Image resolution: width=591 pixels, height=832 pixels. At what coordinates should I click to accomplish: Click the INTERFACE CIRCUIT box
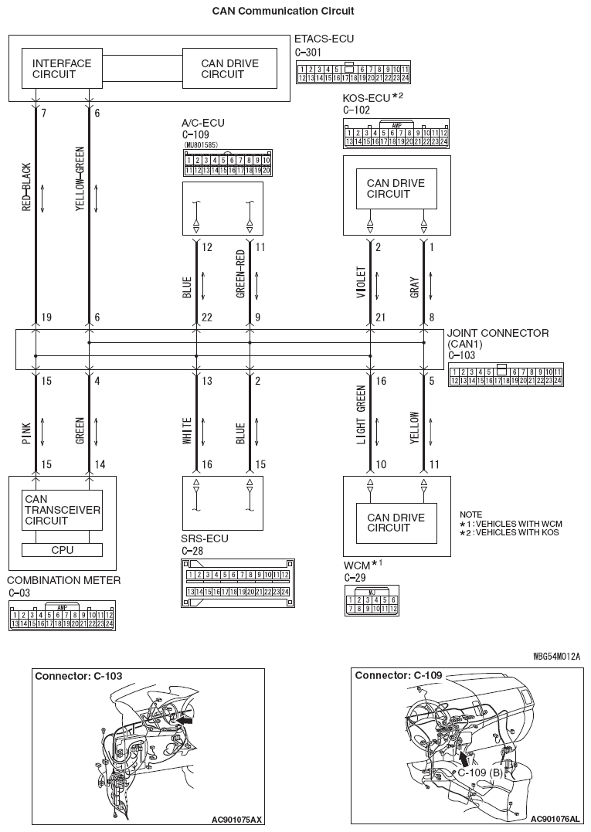click(x=62, y=69)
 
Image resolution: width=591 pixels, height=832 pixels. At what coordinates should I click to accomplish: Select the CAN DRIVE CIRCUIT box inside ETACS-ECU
click(x=222, y=69)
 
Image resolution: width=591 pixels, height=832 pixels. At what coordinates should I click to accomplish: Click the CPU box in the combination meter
click(x=62, y=550)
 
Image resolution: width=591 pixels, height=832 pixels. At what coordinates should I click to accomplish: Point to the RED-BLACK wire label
click(x=26, y=188)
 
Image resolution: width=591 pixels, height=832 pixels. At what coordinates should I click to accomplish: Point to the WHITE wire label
click(x=186, y=430)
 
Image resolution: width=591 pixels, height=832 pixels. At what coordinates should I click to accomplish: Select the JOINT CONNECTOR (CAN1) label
click(x=498, y=338)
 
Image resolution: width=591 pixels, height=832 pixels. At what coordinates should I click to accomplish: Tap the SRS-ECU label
click(x=205, y=538)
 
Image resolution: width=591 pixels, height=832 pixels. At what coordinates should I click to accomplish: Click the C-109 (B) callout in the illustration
click(x=479, y=772)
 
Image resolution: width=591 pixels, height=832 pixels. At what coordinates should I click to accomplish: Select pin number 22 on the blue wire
click(x=207, y=318)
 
